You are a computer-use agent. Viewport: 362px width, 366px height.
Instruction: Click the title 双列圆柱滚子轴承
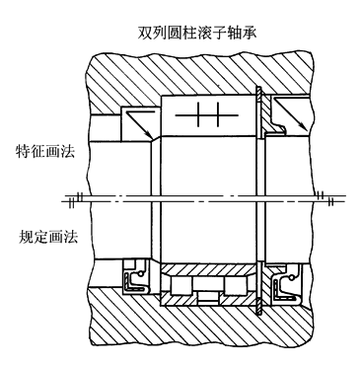(197, 34)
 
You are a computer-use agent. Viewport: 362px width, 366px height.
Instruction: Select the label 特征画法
(45, 152)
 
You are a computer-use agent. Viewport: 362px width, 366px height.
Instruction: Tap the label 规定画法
(48, 236)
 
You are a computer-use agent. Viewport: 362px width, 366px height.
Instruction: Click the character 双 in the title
(145, 34)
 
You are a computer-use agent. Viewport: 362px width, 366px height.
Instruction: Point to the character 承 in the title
(250, 34)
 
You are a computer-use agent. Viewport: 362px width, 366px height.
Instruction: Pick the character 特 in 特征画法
(23, 152)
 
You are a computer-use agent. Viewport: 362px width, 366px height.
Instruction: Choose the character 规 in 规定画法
(26, 236)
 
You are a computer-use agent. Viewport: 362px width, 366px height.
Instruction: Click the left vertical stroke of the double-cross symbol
(198, 114)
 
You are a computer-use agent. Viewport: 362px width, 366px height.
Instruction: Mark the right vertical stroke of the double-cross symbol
(217, 114)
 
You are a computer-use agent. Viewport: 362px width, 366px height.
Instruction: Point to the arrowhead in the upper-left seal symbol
(149, 135)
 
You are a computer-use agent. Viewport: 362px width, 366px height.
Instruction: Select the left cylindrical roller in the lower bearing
(181, 285)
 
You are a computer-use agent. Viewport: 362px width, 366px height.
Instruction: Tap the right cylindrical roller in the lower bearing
(235, 285)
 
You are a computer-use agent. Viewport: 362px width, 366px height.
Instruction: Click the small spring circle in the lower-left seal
(142, 273)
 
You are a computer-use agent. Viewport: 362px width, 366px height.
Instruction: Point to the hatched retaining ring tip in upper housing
(258, 96)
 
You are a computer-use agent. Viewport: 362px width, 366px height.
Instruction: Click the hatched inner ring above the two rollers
(208, 270)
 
